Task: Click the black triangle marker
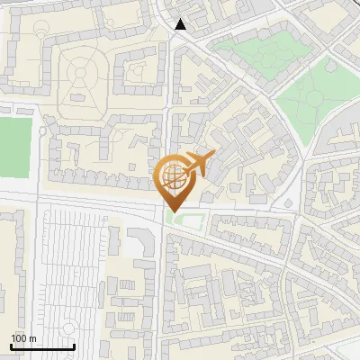181,24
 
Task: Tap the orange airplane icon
199,165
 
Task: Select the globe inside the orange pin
174,177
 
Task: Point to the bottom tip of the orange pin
174,212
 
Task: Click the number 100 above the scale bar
19,338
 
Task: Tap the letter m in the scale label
31,338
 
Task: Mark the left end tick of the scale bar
11,346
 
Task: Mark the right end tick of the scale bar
73,346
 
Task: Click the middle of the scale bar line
41,346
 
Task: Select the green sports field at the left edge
14,145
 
